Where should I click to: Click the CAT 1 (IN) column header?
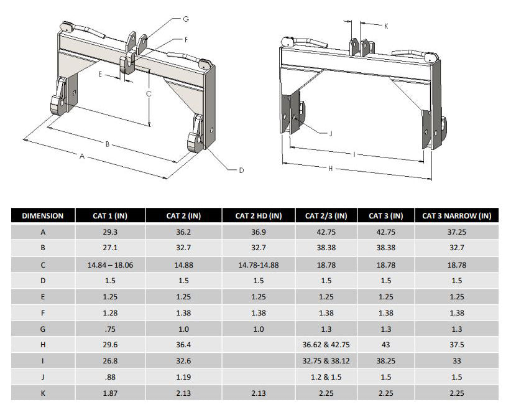pos(110,216)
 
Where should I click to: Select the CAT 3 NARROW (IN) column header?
pos(456,216)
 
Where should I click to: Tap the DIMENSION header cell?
pos(43,216)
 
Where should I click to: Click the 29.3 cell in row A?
pos(110,232)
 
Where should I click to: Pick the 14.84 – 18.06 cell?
pos(110,264)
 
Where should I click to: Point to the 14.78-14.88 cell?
pos(259,264)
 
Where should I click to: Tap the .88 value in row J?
pos(110,377)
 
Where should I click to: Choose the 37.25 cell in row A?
pos(456,232)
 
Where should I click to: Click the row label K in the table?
pos(43,393)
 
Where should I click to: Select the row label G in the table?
pos(43,328)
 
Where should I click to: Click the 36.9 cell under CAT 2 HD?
pos(259,232)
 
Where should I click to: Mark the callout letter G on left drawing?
pos(185,19)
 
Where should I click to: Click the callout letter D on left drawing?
pos(241,170)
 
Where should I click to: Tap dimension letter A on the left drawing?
pos(81,157)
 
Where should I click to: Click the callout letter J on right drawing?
pos(330,133)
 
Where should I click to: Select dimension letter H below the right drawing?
pos(330,168)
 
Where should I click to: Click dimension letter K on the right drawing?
pos(386,26)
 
